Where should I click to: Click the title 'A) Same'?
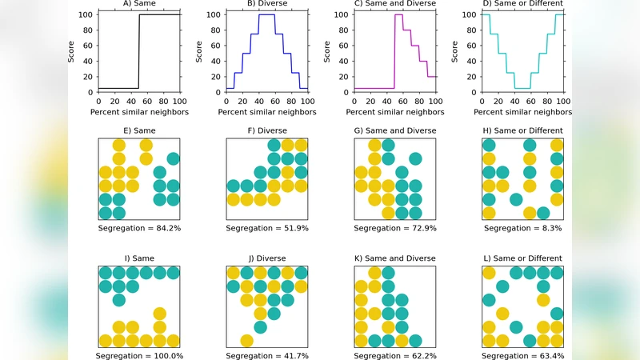click(139, 3)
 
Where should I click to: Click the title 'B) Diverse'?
click(267, 3)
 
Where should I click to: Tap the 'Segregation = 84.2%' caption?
click(139, 228)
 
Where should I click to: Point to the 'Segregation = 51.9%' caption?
click(267, 228)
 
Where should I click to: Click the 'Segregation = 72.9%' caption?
click(395, 228)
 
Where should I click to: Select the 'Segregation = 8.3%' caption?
click(523, 228)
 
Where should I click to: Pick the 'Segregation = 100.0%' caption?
click(139, 355)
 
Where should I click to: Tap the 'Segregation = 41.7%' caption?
click(267, 355)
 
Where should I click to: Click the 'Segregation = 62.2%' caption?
click(395, 355)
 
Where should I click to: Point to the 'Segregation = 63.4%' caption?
click(523, 355)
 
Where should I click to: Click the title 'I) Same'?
click(139, 258)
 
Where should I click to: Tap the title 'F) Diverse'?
click(267, 130)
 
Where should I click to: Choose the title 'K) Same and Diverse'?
click(395, 258)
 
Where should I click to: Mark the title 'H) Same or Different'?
click(523, 130)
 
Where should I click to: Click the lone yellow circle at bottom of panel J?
click(246, 341)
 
